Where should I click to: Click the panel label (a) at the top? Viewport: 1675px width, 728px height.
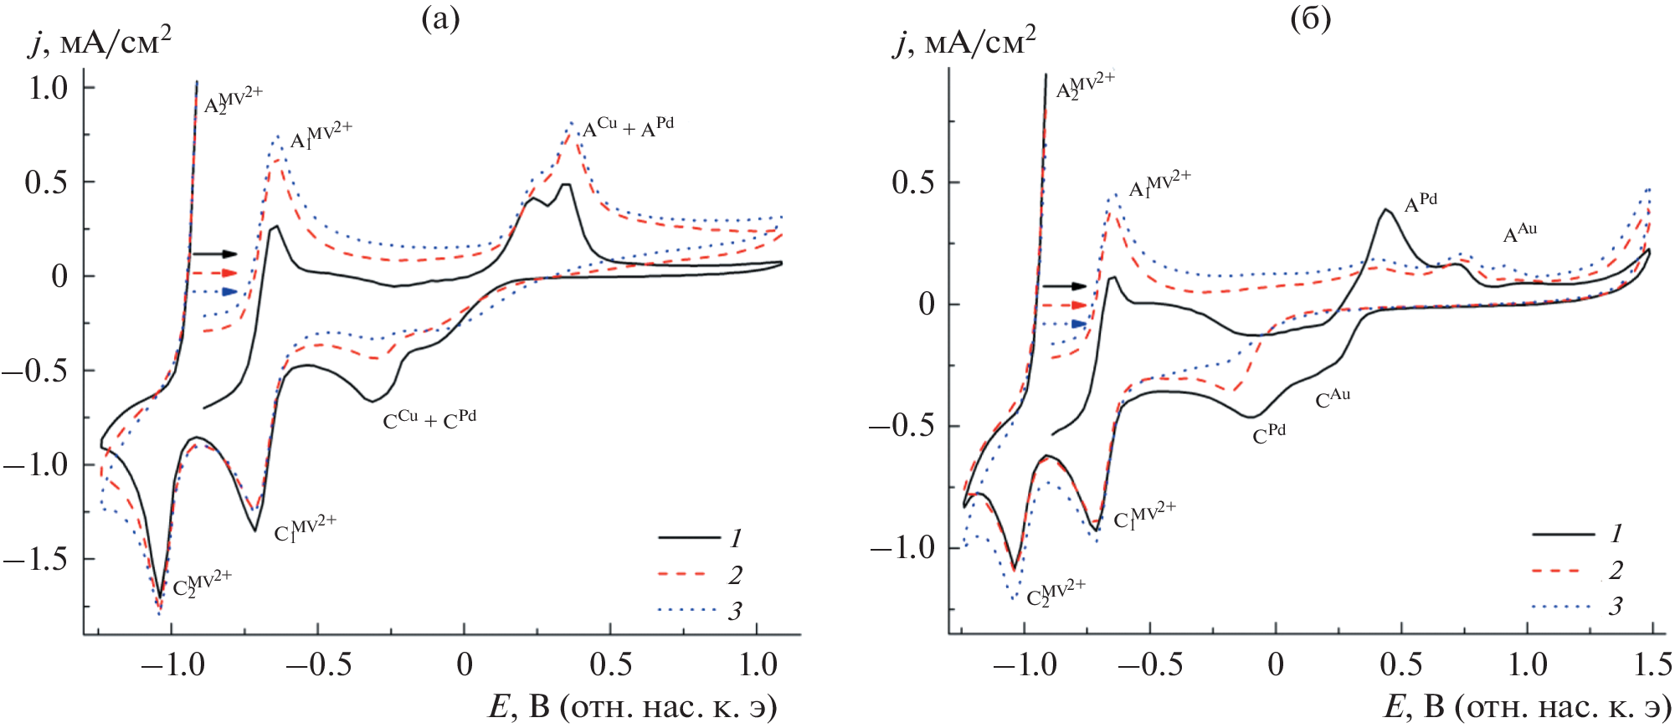440,18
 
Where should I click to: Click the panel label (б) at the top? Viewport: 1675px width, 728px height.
1310,18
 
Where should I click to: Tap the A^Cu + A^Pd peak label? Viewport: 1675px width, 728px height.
628,127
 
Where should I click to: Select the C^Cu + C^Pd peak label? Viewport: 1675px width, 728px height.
429,419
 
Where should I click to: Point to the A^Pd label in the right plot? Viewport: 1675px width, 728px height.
1421,203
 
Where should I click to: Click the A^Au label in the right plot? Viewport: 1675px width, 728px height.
1520,233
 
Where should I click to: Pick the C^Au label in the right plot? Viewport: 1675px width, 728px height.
1333,398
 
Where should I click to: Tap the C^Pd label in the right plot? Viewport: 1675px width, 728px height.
1269,434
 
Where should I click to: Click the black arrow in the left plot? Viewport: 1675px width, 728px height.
215,254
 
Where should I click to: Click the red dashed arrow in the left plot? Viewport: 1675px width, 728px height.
215,273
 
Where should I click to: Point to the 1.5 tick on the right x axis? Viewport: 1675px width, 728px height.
1653,664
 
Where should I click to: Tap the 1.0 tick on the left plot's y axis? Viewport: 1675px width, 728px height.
48,87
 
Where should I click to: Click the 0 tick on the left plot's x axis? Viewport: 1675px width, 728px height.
465,664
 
